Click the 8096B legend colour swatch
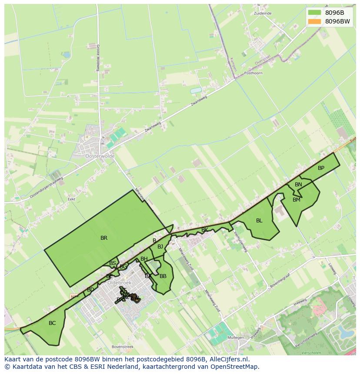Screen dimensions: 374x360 coord(314,13)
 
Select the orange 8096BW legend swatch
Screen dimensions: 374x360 coord(314,21)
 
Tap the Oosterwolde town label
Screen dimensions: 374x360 coord(100,156)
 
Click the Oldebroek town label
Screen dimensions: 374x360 coord(119,283)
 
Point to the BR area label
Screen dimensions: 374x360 coord(104,238)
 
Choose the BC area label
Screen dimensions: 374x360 coord(52,323)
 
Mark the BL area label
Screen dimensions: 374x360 coord(259,221)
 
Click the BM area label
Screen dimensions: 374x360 coord(297,200)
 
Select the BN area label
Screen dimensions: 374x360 coord(298,185)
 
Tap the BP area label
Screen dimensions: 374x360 coord(321,168)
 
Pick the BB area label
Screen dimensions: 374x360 coord(163,276)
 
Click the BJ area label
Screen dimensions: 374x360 coord(160,247)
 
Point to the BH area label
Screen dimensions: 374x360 coord(144,259)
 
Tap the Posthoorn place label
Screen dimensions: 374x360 coord(253,73)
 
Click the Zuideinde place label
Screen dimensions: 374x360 coord(263,13)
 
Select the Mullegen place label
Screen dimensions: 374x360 coord(236,337)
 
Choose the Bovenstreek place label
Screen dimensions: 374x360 coord(123,347)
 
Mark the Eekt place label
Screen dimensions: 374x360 coord(72,199)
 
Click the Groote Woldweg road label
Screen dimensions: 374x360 coord(98,58)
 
